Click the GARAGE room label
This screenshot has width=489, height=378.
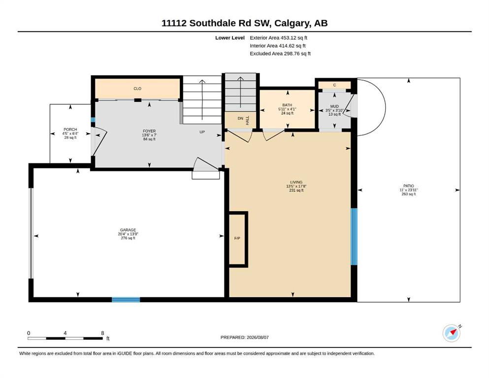(x=128, y=230)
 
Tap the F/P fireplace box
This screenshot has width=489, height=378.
(x=238, y=239)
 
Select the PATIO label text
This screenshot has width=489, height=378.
(x=409, y=186)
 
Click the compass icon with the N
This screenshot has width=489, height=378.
(x=452, y=333)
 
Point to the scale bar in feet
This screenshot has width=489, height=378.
(x=65, y=338)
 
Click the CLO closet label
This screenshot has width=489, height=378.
(x=137, y=89)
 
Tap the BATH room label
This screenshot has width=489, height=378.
(x=287, y=105)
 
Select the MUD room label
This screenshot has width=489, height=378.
(x=334, y=106)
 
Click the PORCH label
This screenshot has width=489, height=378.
(x=70, y=129)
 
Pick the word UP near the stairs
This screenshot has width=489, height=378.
(x=202, y=132)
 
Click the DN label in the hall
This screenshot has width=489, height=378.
(x=240, y=119)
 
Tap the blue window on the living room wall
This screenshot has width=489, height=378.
(x=354, y=237)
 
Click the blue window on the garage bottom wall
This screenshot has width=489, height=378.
(x=126, y=300)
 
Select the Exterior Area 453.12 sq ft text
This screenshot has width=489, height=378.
(x=279, y=38)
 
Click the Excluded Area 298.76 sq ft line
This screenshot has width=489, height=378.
(x=280, y=53)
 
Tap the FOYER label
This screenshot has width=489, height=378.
(x=149, y=131)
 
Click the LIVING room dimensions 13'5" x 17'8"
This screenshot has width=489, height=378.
(x=296, y=187)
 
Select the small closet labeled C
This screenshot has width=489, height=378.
(x=334, y=85)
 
